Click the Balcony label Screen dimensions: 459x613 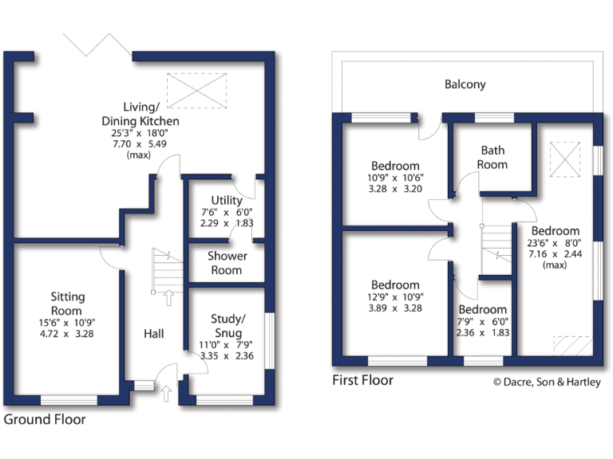coord(465,84)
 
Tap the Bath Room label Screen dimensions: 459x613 coord(492,157)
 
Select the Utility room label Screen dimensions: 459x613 coord(227,199)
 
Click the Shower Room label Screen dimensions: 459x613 coord(227,263)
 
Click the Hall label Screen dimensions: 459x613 coord(153,333)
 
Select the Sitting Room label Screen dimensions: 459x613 coord(67,303)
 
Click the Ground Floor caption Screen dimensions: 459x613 coord(45,418)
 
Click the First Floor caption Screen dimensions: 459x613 coord(362,380)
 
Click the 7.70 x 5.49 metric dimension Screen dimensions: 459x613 coord(150,144)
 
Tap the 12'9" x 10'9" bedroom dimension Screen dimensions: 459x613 coord(395,296)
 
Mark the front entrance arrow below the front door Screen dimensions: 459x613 coord(166,393)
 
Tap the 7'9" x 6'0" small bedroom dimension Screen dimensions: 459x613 coord(482,323)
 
